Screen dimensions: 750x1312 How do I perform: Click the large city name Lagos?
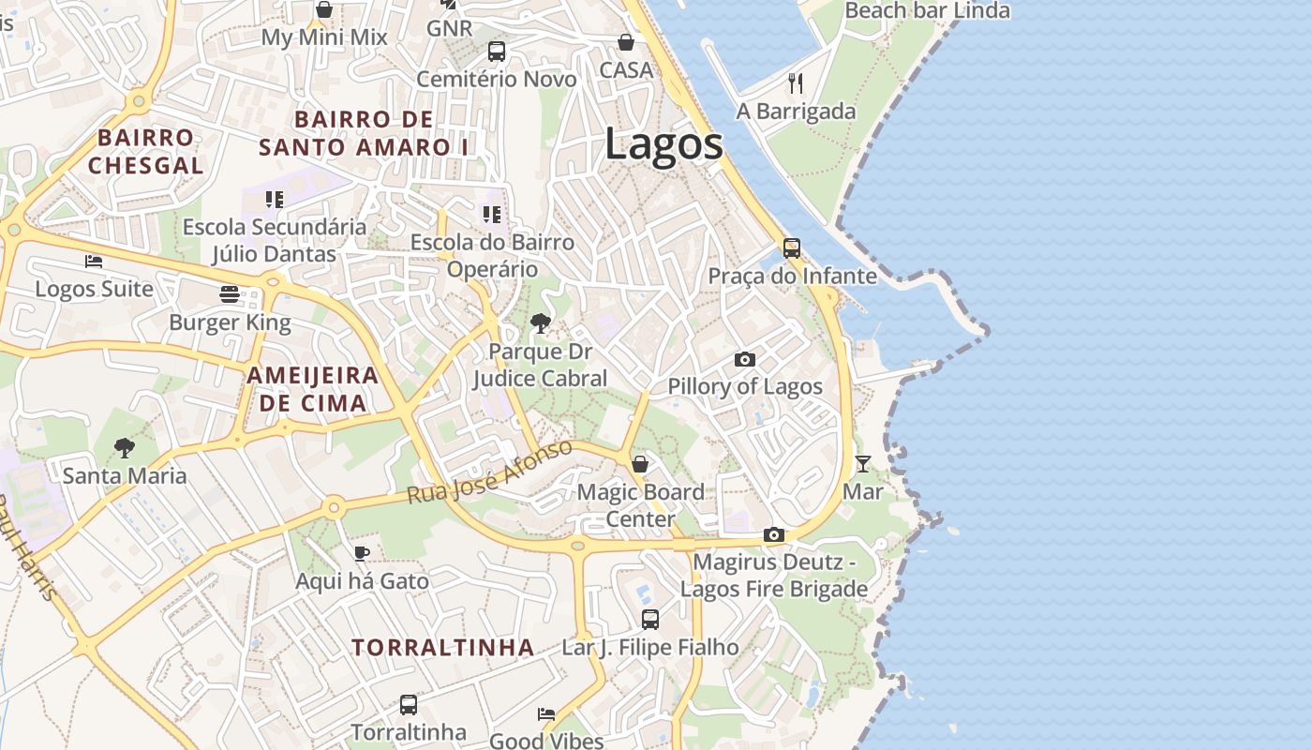[663, 144]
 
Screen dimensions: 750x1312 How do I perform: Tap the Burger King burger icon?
[230, 294]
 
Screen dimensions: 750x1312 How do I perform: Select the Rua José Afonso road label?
[490, 472]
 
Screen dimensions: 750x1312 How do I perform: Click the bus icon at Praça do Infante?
[792, 248]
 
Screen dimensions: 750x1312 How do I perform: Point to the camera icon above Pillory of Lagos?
[745, 359]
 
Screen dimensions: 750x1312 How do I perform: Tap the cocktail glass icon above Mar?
[862, 463]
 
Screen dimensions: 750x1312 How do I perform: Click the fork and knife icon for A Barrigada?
[796, 83]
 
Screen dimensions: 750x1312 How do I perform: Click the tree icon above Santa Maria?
[124, 448]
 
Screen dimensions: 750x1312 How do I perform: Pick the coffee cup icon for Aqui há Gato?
[362, 553]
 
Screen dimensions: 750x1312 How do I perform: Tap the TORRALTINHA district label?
[443, 647]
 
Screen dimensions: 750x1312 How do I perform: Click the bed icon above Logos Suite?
[94, 261]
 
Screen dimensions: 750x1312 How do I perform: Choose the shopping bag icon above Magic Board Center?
[640, 464]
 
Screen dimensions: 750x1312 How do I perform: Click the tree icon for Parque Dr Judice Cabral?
[540, 324]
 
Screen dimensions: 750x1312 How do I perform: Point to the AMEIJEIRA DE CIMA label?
[313, 389]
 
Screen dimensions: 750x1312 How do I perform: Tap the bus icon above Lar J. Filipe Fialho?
[650, 619]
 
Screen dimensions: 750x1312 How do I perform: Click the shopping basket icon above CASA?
[626, 42]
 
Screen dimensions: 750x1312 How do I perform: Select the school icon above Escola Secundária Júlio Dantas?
[274, 199]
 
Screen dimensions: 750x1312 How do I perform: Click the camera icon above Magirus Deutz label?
[773, 534]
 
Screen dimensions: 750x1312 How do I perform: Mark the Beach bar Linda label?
[927, 11]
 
